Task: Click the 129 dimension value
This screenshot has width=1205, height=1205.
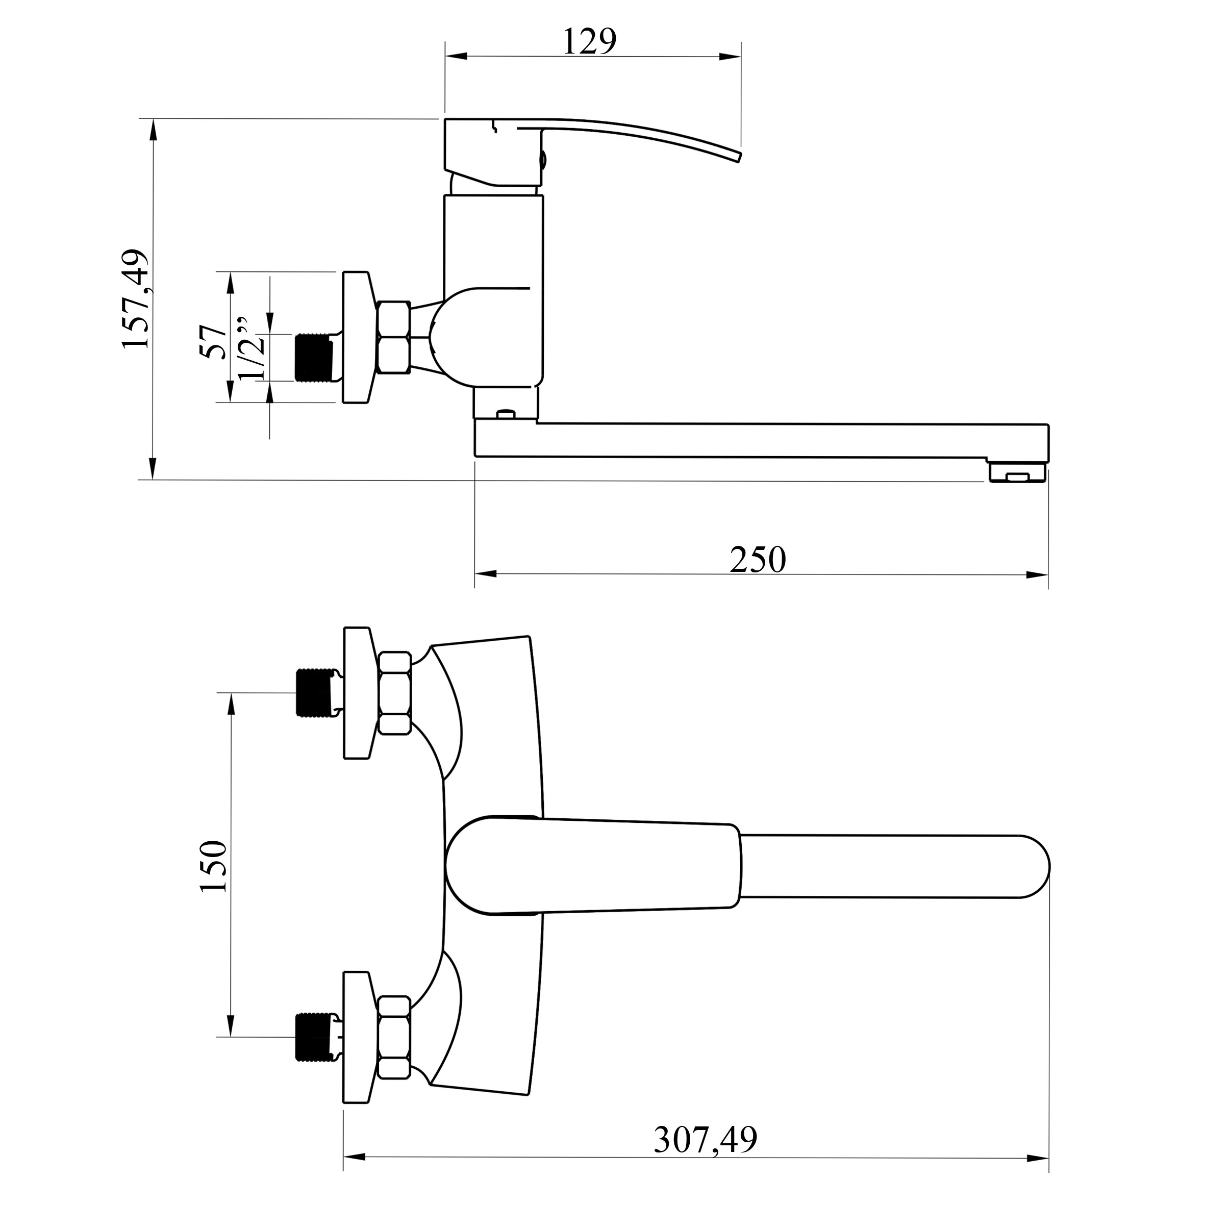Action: [x=589, y=43]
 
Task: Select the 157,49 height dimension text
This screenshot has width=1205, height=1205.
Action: [x=136, y=299]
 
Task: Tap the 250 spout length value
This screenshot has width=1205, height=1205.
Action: [x=758, y=560]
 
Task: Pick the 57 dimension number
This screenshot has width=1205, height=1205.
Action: [x=213, y=342]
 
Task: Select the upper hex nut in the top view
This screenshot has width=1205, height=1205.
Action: [x=394, y=692]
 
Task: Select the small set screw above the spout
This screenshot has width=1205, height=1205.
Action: [x=506, y=413]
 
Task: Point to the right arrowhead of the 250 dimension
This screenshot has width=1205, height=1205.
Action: [x=1037, y=574]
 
